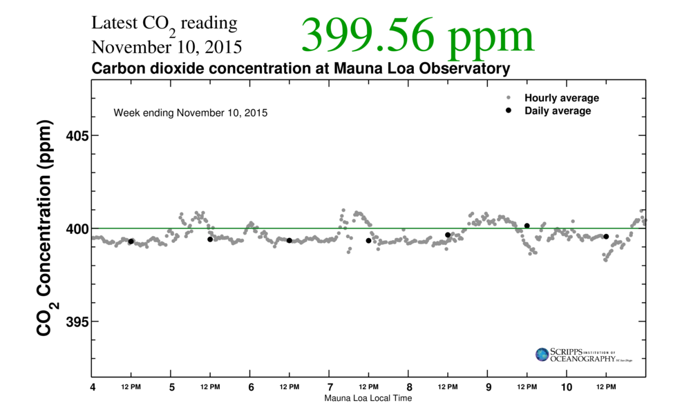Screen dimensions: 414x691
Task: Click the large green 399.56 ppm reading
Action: tap(417, 35)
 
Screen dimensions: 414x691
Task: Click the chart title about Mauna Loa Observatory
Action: tap(301, 69)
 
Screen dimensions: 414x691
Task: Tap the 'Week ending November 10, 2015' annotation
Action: tap(191, 112)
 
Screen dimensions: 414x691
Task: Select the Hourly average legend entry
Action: tap(561, 98)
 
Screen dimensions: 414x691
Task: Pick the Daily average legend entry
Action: tap(557, 110)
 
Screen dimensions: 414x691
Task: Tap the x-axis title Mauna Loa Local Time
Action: tap(368, 398)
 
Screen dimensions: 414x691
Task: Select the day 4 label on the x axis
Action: tap(93, 387)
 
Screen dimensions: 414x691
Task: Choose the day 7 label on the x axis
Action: tap(330, 387)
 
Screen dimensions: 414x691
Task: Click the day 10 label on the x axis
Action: tap(567, 387)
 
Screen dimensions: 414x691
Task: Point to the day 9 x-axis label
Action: tap(489, 387)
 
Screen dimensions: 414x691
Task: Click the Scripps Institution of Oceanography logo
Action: tap(583, 355)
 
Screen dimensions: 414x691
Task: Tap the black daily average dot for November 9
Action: tap(527, 226)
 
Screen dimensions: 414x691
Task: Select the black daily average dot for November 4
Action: tap(131, 241)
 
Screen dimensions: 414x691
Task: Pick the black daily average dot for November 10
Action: tap(606, 237)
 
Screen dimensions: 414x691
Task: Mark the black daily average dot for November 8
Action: tap(448, 235)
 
